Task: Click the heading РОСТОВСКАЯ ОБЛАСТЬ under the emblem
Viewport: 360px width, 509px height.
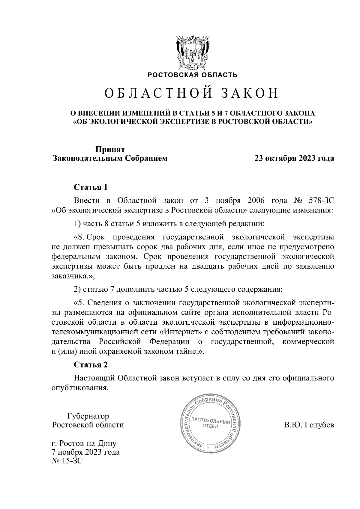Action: coord(192,75)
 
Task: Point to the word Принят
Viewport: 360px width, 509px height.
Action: coord(110,149)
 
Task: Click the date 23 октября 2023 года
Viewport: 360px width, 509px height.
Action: coord(294,158)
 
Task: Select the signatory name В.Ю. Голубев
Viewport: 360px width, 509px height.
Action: coord(309,425)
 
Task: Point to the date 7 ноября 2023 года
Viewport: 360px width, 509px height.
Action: coord(86,452)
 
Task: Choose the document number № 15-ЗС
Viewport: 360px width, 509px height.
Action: coord(67,460)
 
